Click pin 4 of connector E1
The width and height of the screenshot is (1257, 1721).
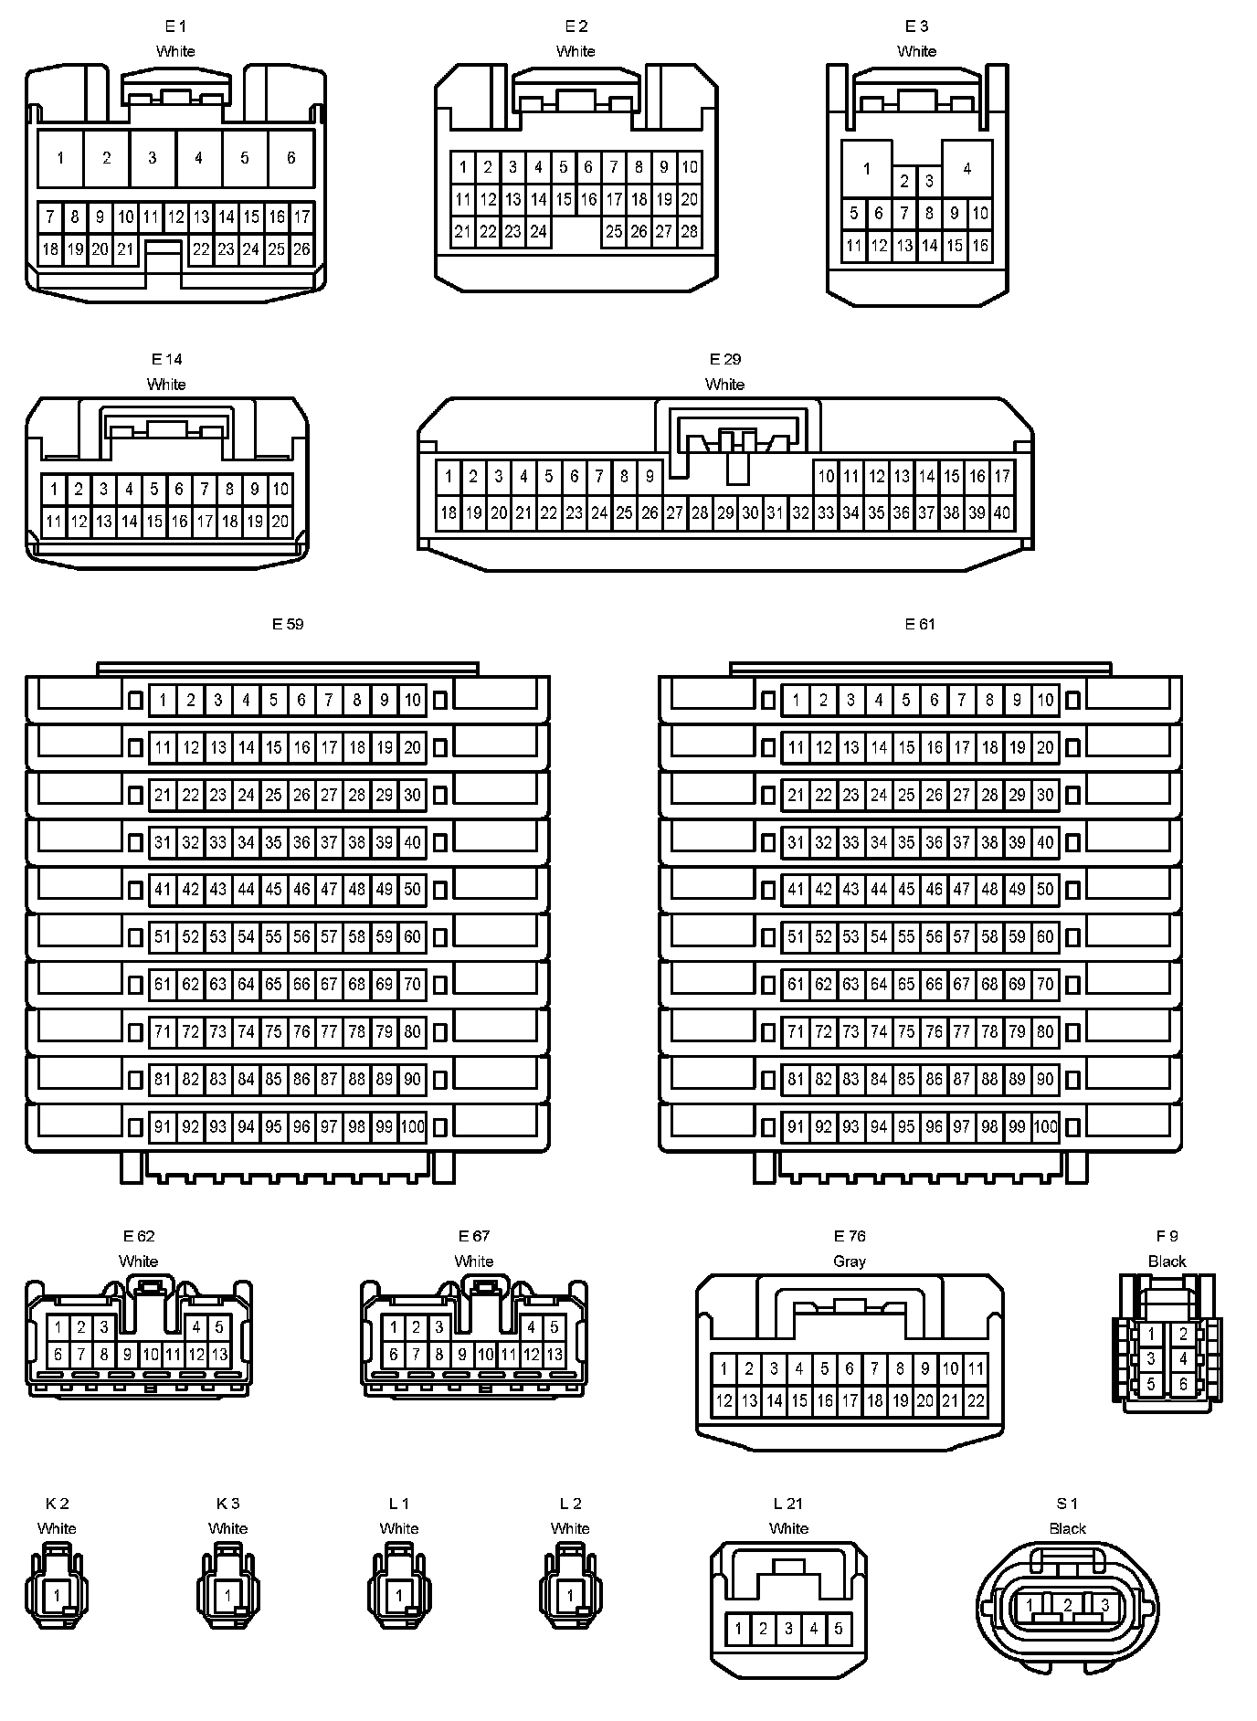(198, 158)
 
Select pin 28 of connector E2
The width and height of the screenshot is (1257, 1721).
(690, 232)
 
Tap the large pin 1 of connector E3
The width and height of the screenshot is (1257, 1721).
(866, 168)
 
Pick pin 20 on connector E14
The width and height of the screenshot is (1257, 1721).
(280, 523)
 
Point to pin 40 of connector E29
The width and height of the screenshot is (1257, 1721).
(1002, 512)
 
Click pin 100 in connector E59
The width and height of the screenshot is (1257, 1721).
(413, 1127)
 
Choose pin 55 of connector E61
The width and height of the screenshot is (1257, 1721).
(906, 937)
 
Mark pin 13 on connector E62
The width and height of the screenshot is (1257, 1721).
(219, 1355)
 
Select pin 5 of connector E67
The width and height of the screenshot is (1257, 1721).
(555, 1328)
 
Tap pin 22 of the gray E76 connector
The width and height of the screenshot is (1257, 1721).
(976, 1400)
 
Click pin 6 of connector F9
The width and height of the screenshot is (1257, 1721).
(1183, 1384)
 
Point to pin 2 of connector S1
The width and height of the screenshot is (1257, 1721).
(1067, 1605)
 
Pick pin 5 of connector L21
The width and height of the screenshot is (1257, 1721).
(839, 1629)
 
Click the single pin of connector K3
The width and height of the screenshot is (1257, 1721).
(227, 1596)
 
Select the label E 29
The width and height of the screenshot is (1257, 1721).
(725, 359)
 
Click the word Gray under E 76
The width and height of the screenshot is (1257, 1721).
(850, 1262)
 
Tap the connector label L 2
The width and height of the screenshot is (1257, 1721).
(570, 1504)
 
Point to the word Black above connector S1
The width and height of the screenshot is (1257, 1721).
(1067, 1528)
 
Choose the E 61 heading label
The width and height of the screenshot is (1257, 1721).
(920, 624)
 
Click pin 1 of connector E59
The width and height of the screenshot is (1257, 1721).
(163, 701)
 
